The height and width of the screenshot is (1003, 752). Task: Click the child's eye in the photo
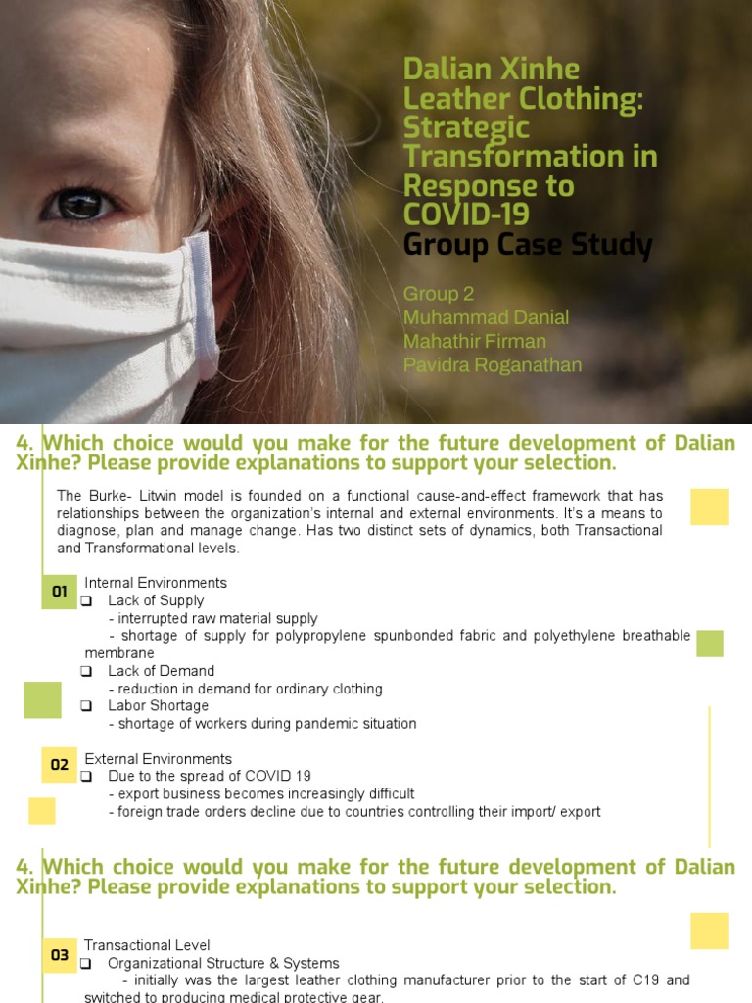coord(79,203)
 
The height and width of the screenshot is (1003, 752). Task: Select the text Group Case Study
coord(527,245)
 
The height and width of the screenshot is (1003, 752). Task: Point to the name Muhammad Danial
coord(486,317)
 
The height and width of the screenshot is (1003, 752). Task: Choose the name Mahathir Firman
coord(474,341)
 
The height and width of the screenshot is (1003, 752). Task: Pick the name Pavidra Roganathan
coord(493,365)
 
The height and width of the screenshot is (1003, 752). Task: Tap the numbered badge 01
coord(60,592)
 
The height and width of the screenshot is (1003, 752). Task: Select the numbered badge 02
coord(60,764)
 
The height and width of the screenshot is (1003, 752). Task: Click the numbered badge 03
coord(60,955)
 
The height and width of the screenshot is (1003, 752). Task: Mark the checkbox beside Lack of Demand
coord(87,671)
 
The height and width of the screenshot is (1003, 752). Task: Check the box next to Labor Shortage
coord(87,706)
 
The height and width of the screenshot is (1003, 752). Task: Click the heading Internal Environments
coord(156,583)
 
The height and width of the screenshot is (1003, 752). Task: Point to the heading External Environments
coord(159,759)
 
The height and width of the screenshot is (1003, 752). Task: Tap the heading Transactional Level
coord(147,945)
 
